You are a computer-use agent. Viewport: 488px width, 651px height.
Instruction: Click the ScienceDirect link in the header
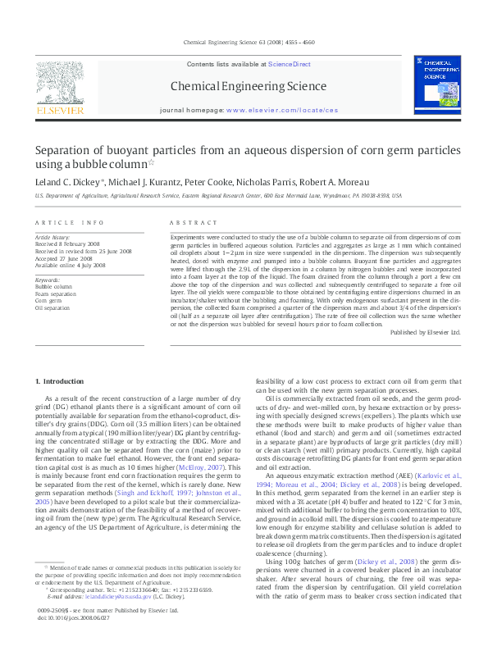pos(290,63)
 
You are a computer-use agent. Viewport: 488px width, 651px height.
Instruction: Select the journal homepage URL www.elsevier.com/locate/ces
pos(281,109)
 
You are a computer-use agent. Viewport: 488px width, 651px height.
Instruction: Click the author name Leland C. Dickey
pos(66,181)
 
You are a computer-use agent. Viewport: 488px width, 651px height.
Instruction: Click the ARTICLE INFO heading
pos(70,223)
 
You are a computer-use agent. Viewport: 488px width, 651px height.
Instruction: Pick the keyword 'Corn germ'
pos(49,300)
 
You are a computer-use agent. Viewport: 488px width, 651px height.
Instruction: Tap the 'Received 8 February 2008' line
pos(72,244)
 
